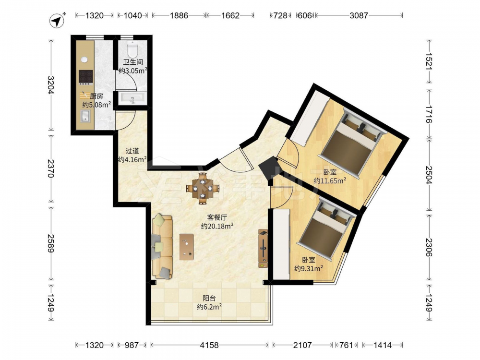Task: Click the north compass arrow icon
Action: (x=57, y=21)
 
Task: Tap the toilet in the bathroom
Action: (x=133, y=48)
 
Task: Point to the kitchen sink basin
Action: (x=85, y=116)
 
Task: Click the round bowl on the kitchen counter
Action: (x=84, y=60)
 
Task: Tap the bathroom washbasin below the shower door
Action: (x=133, y=98)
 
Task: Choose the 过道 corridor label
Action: (x=132, y=151)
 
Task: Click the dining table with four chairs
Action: (x=202, y=188)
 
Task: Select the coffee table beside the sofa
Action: (x=186, y=247)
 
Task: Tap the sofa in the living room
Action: (x=162, y=246)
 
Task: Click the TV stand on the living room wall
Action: (x=263, y=249)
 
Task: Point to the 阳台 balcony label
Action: (x=209, y=298)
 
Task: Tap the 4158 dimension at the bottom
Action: (x=209, y=345)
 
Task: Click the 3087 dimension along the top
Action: (x=359, y=15)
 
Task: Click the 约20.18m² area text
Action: (x=217, y=226)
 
